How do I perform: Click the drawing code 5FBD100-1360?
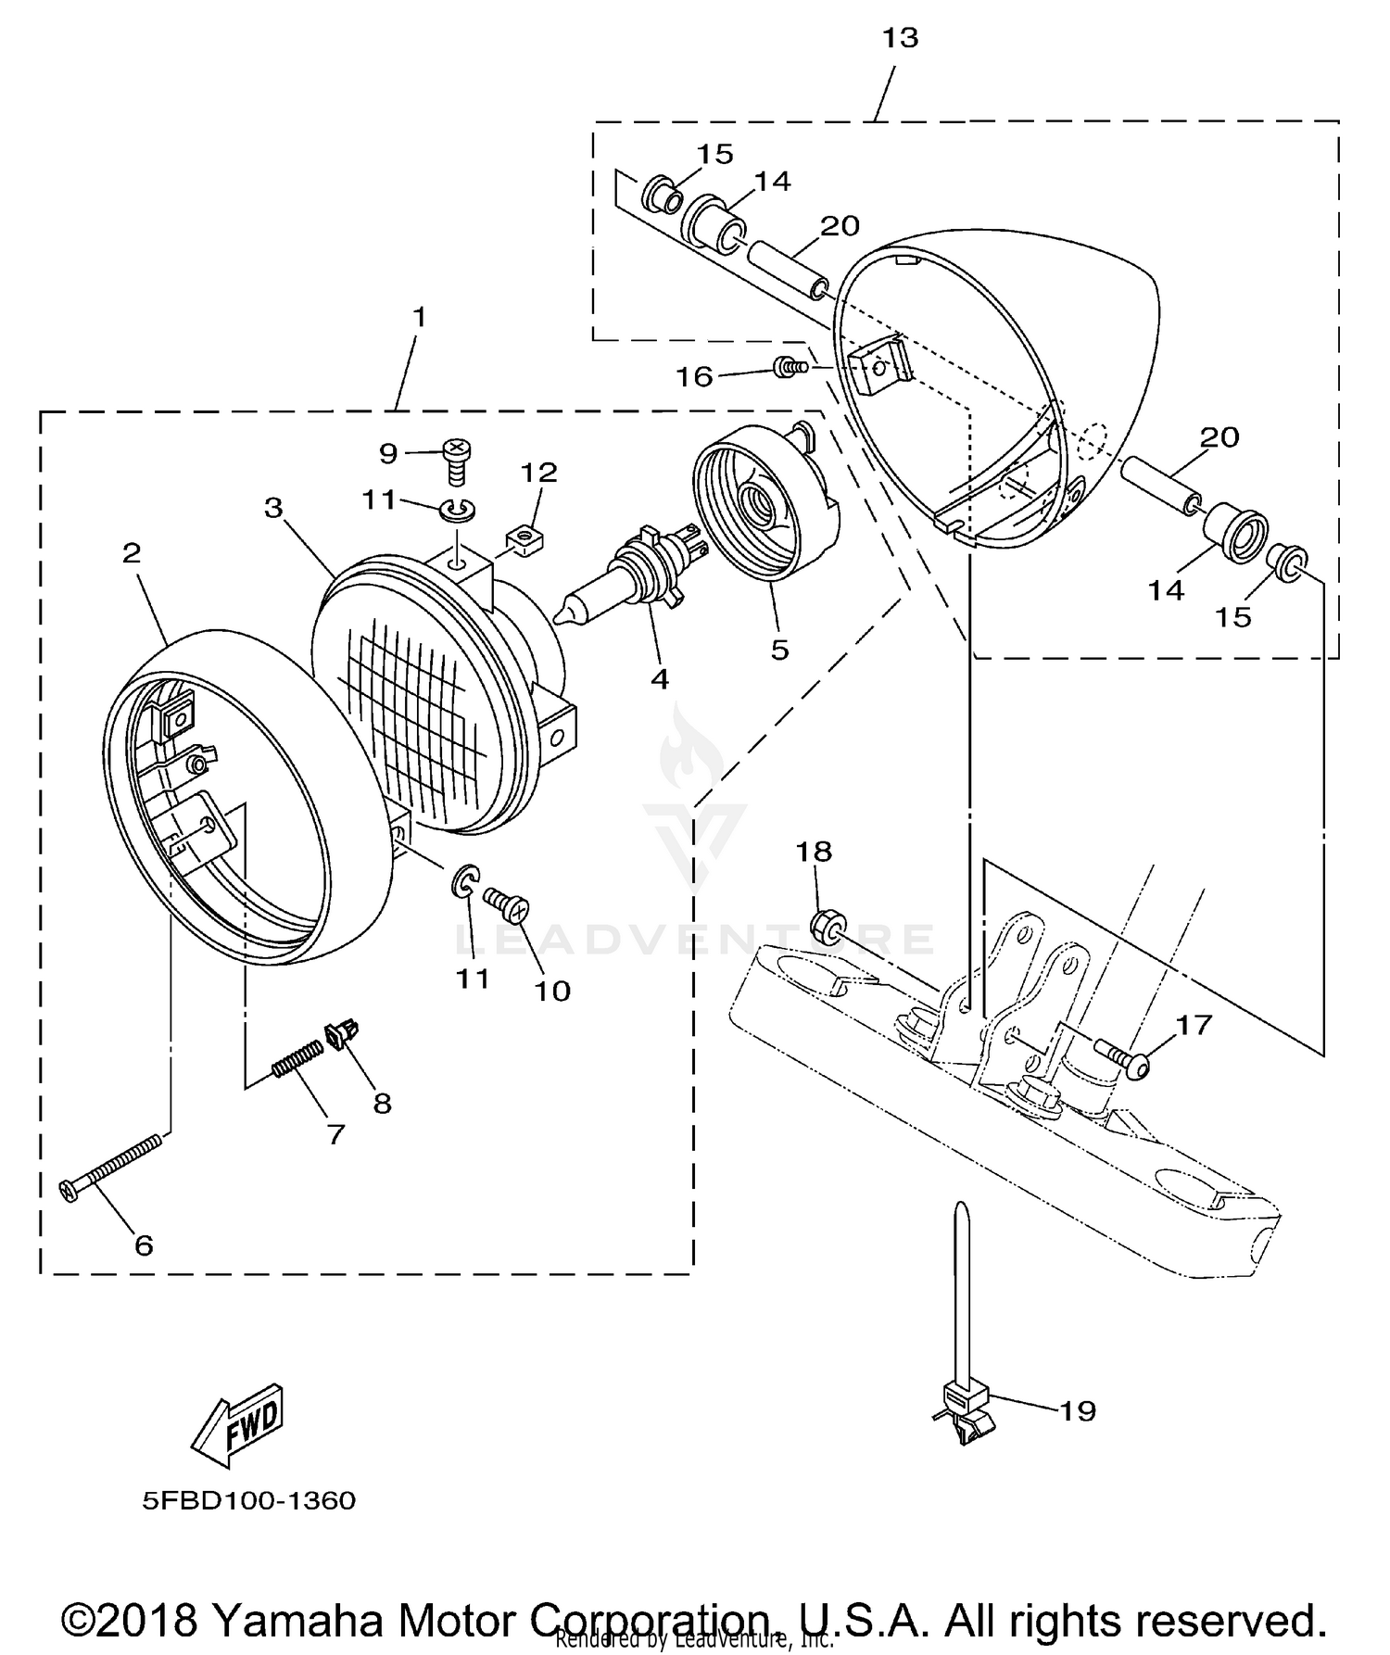[248, 1500]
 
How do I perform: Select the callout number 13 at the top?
[900, 38]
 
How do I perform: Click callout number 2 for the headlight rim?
[132, 553]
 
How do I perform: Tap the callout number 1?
[419, 318]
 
